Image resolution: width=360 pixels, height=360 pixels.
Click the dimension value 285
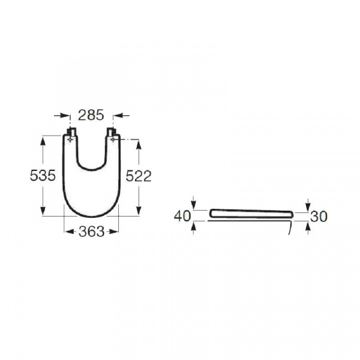(91, 115)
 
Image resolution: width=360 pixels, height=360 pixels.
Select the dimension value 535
(43, 175)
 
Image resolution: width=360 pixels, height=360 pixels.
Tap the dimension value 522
(139, 176)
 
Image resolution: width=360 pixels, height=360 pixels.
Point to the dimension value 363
(91, 232)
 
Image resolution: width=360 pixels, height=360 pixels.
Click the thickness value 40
(182, 216)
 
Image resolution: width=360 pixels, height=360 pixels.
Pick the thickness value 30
(319, 216)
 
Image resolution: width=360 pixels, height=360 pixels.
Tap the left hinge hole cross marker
(70, 139)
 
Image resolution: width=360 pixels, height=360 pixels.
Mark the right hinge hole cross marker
(113, 139)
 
